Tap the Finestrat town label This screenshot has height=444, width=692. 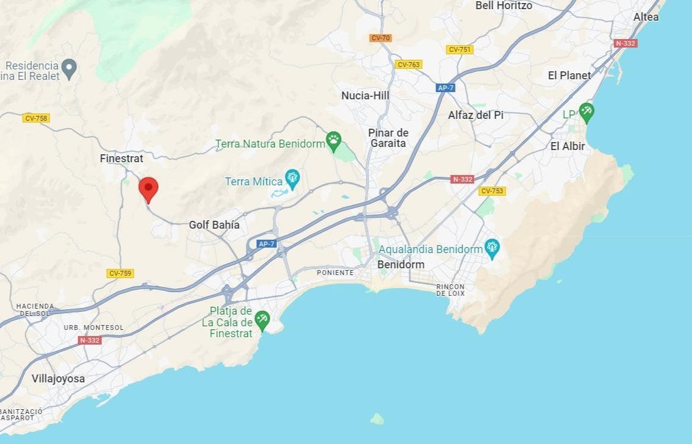point(121,159)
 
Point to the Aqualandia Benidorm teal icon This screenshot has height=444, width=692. point(491,248)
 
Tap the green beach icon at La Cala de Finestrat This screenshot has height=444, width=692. point(262,319)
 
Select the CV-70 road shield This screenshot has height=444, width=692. point(380,38)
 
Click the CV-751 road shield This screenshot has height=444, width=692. point(458,49)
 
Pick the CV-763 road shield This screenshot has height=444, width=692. point(408,65)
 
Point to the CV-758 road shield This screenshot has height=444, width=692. point(36,118)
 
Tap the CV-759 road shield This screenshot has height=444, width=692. point(120,273)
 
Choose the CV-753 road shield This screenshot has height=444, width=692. point(492,191)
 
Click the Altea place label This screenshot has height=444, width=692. point(646,17)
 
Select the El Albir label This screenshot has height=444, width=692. point(567,146)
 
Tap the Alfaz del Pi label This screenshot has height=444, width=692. point(476,115)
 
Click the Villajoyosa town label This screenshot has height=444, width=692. point(58,379)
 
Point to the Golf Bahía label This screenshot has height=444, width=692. point(214,225)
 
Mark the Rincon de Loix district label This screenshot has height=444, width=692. point(451,290)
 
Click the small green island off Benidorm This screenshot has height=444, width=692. point(377,418)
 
